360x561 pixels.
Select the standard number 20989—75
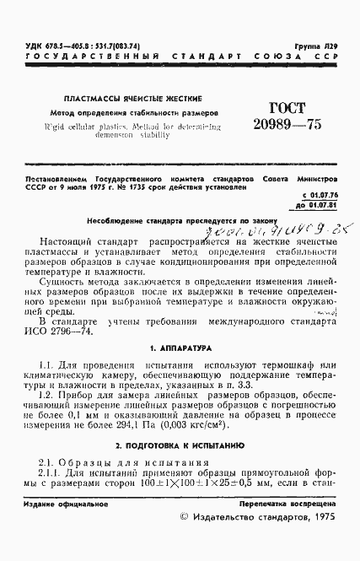pos(274,126)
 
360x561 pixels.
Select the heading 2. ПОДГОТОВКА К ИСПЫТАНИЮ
pos(180,443)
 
